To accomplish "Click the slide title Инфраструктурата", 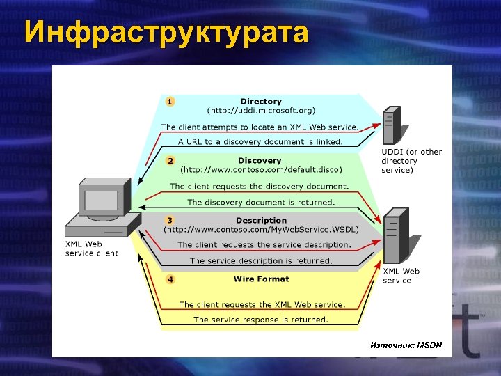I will [x=166, y=33].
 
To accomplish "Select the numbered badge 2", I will [x=170, y=161].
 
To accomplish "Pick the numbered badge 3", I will [x=170, y=220].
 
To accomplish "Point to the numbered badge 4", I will [x=170, y=279].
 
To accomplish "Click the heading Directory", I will [x=261, y=102].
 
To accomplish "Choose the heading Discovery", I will [x=260, y=161].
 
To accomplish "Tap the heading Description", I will [x=261, y=220].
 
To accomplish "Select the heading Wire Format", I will [x=261, y=279].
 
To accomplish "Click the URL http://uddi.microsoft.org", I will [x=261, y=111].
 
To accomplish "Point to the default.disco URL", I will [x=261, y=170].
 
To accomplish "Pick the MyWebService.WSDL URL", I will [x=261, y=229].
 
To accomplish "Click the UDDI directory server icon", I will [x=391, y=125].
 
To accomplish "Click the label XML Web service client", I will [x=91, y=249].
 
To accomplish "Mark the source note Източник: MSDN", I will [x=406, y=345].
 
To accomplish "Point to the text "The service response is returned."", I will [x=261, y=320].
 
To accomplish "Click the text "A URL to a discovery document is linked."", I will [x=261, y=141].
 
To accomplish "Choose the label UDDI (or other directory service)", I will [x=411, y=161].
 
